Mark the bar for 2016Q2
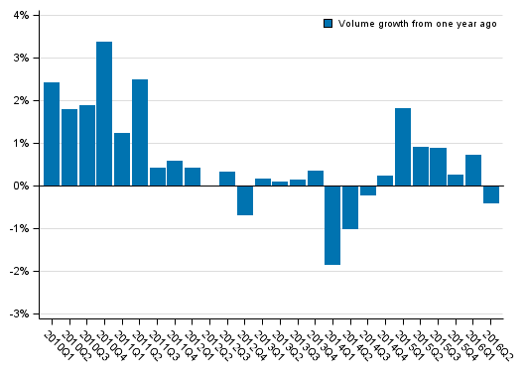tap(491, 194)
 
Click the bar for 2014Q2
tap(350, 207)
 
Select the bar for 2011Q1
tap(122, 160)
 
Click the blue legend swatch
tap(328, 24)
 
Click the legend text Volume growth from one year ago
tap(417, 24)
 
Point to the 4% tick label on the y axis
tap(21, 16)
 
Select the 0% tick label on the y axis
tap(21, 187)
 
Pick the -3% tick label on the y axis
tap(19, 314)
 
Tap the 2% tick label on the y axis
tap(21, 101)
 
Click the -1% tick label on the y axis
tap(19, 229)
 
